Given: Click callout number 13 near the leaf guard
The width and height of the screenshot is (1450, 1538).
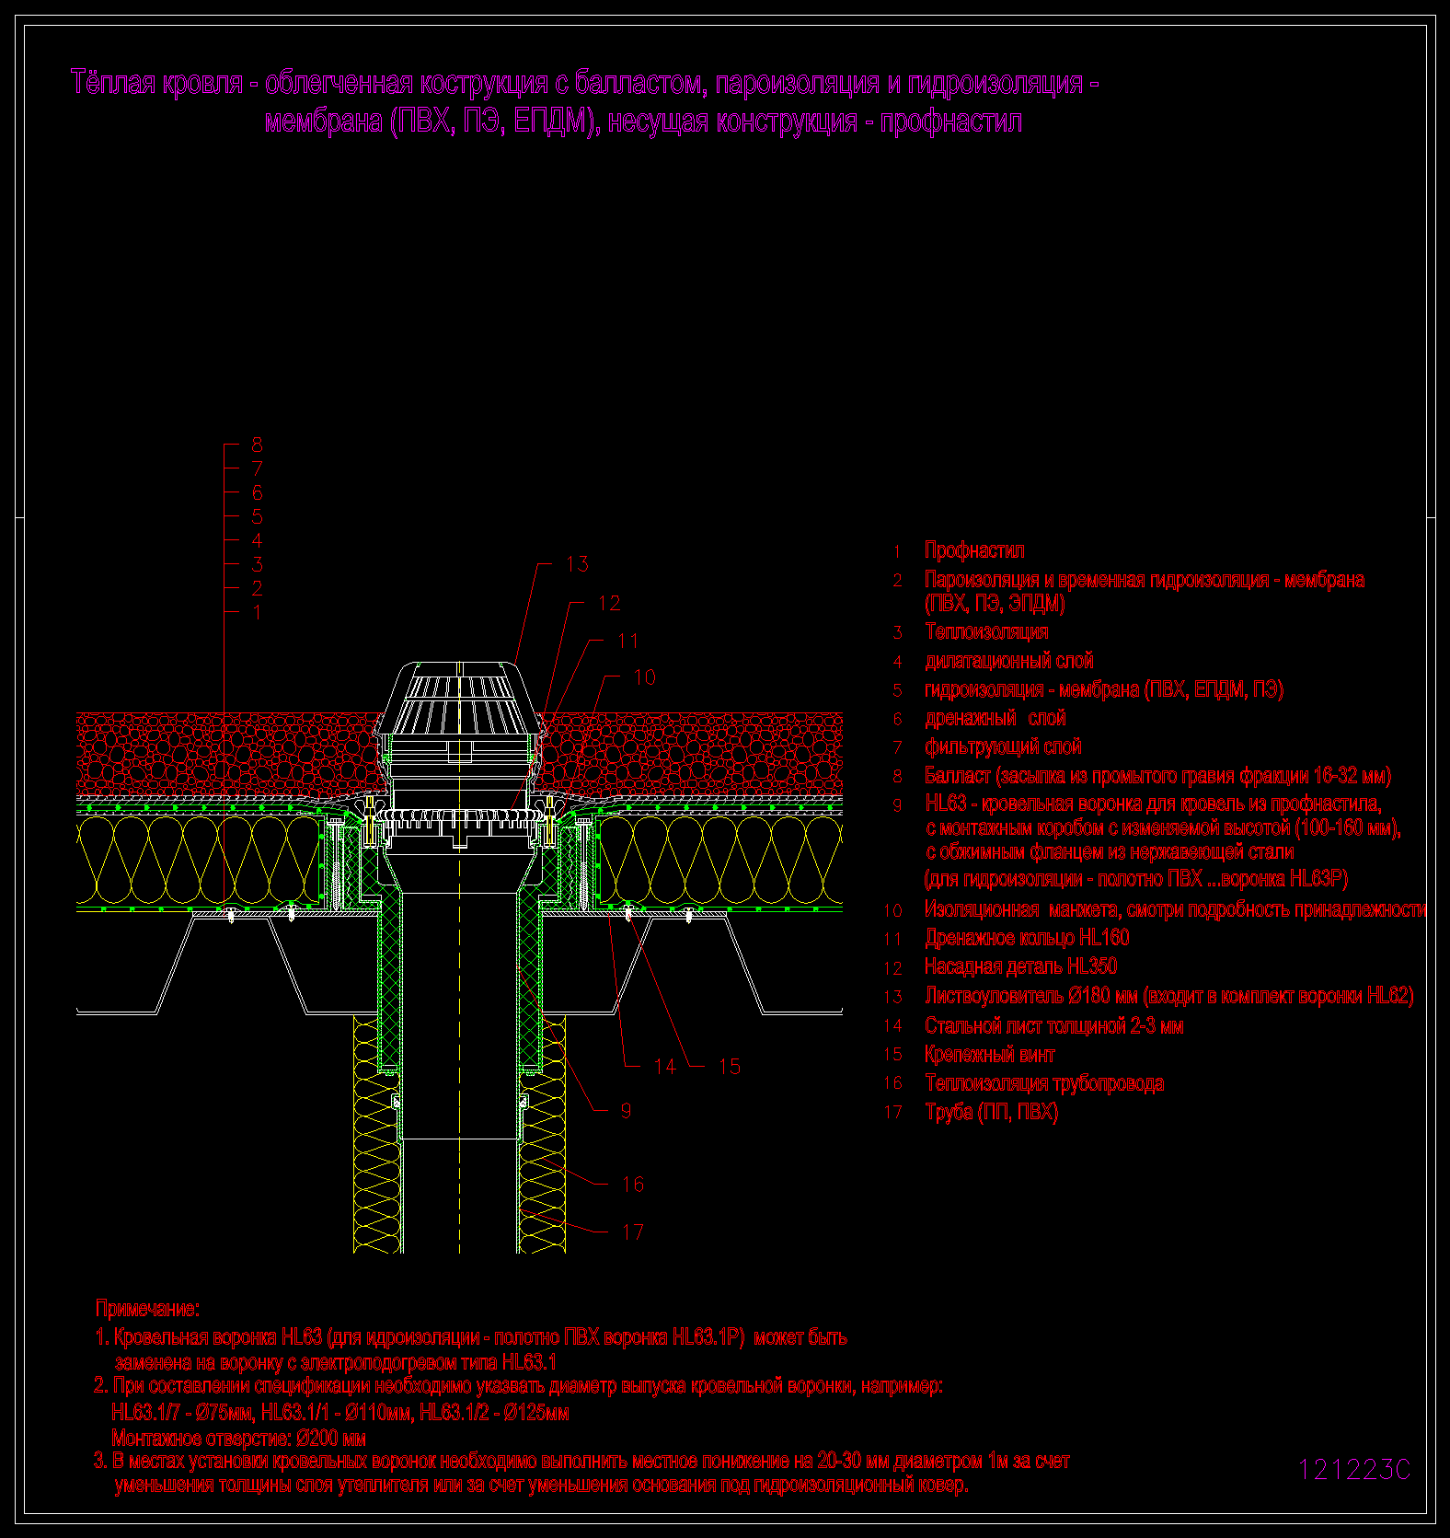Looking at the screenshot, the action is [577, 563].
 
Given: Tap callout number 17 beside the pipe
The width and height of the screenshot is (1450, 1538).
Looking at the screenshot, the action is [633, 1232].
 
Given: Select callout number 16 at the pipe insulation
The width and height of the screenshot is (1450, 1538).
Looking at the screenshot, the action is [633, 1184].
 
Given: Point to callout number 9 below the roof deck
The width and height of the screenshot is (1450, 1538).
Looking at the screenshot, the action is [626, 1110].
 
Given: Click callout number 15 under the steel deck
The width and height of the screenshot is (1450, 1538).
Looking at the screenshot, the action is [729, 1066].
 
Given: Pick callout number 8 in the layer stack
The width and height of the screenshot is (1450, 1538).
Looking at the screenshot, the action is [257, 445].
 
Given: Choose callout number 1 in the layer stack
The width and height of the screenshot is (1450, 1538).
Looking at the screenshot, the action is [257, 612].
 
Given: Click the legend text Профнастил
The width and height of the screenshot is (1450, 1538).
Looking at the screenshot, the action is [974, 550].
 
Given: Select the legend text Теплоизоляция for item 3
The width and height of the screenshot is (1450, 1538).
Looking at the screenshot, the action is [986, 632].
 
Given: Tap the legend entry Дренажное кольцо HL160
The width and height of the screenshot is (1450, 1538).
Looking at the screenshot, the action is [1027, 938].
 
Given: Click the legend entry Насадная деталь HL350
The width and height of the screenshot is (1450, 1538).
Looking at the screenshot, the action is [1021, 966].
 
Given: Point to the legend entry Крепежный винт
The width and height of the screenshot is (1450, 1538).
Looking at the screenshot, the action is [990, 1055].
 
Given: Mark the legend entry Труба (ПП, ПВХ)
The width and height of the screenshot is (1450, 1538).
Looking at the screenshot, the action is [992, 1112].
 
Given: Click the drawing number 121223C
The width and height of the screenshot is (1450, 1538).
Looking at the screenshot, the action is [1353, 1470].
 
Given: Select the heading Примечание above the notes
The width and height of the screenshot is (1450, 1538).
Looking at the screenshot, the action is [147, 1308].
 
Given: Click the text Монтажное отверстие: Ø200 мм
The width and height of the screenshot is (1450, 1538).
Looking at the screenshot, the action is [238, 1438].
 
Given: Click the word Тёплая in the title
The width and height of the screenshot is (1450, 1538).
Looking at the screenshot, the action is [111, 83].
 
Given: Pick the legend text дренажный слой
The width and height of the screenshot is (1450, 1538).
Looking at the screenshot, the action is [995, 718].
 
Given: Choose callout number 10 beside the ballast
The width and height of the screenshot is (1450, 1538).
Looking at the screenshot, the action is [644, 677].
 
